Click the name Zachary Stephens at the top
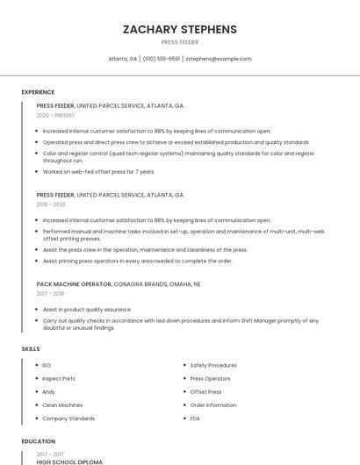(179, 29)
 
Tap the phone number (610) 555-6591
(162, 59)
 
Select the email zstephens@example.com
(219, 59)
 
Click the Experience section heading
(38, 92)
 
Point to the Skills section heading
(31, 349)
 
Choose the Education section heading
(38, 441)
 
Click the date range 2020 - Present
(55, 115)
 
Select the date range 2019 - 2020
(51, 204)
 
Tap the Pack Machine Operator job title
(74, 284)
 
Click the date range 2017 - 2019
(51, 294)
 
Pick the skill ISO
(47, 365)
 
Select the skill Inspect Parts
(59, 379)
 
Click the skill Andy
(49, 392)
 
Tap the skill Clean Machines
(62, 405)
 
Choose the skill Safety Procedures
(213, 365)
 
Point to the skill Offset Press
(205, 392)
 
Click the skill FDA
(195, 418)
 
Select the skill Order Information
(213, 405)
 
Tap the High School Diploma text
(69, 461)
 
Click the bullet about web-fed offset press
(98, 172)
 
